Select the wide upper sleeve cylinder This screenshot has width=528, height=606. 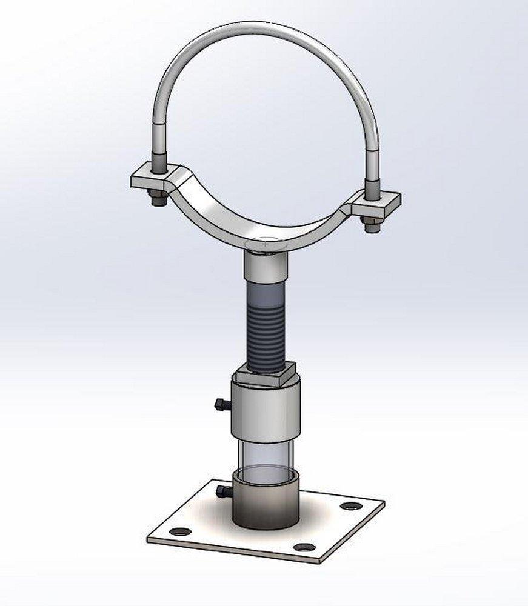265,409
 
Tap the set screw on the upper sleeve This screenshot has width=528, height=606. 221,404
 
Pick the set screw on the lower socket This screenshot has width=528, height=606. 222,490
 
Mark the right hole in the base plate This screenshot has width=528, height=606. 350,505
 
